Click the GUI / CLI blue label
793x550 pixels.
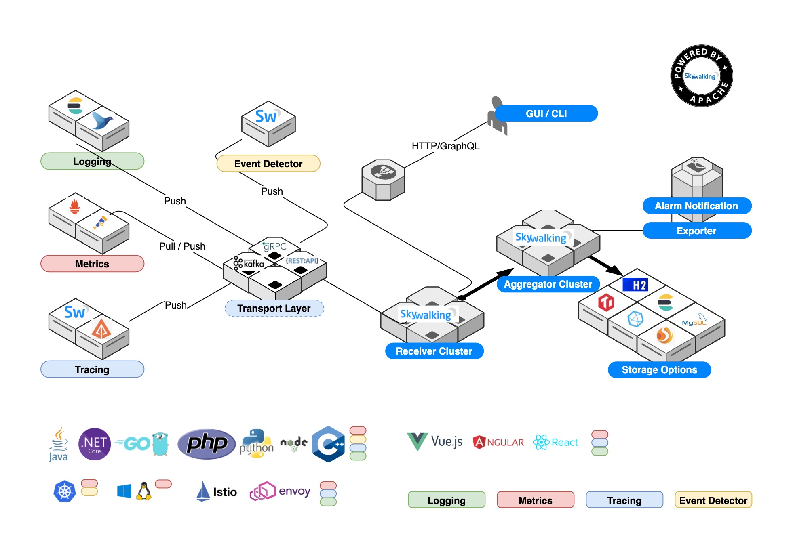pyautogui.click(x=546, y=113)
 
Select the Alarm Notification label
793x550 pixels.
pyautogui.click(x=696, y=206)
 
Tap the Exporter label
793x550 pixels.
pyautogui.click(x=696, y=231)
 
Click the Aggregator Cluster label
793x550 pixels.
pyautogui.click(x=548, y=284)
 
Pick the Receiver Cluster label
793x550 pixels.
pyautogui.click(x=434, y=351)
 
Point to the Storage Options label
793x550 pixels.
pyautogui.click(x=659, y=370)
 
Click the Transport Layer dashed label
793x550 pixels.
pyautogui.click(x=274, y=309)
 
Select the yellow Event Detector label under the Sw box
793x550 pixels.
pyautogui.click(x=268, y=164)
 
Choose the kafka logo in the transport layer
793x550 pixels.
pyautogui.click(x=249, y=263)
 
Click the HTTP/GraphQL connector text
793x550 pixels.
pyautogui.click(x=445, y=146)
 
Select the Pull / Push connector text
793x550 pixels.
pyautogui.click(x=182, y=246)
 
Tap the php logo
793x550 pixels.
pyautogui.click(x=207, y=443)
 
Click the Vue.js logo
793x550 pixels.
pyautogui.click(x=435, y=441)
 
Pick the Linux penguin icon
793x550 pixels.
pyautogui.click(x=144, y=491)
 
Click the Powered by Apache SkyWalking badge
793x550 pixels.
pyautogui.click(x=701, y=76)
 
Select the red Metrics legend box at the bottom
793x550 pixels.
pyautogui.click(x=535, y=500)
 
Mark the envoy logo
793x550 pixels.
pyautogui.click(x=280, y=491)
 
